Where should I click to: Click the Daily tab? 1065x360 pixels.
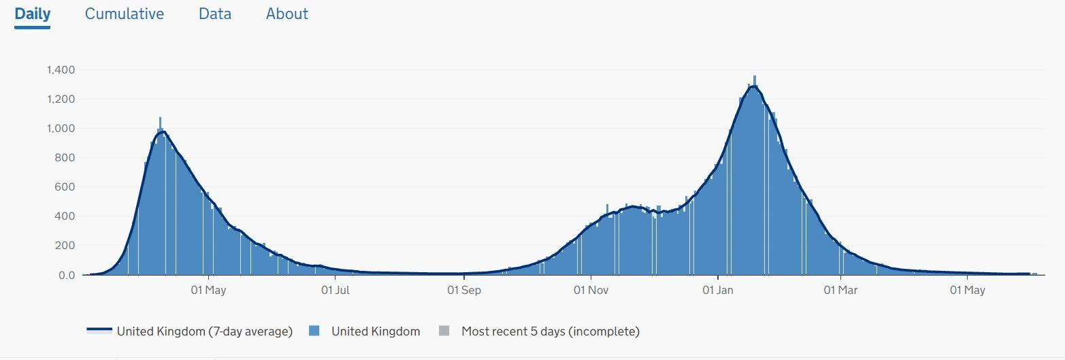[x=33, y=14]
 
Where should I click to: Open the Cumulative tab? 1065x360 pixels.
[x=125, y=14]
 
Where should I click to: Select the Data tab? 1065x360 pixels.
[x=215, y=14]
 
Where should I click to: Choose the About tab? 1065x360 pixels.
[x=286, y=14]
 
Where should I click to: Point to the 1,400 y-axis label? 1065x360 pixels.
[x=61, y=70]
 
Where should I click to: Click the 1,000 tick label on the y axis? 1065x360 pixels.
[x=61, y=129]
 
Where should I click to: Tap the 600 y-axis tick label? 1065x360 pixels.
[x=65, y=187]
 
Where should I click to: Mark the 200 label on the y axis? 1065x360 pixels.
[x=65, y=246]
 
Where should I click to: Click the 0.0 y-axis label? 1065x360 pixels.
[x=67, y=276]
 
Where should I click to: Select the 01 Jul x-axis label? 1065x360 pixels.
[x=335, y=290]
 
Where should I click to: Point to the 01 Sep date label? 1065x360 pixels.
[x=464, y=290]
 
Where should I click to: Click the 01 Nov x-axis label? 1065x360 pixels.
[x=591, y=290]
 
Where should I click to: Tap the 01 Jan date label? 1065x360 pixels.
[x=718, y=290]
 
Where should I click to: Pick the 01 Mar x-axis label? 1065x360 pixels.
[x=840, y=290]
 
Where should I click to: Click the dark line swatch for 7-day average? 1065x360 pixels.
[x=99, y=330]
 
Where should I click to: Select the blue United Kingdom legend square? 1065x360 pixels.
[x=314, y=331]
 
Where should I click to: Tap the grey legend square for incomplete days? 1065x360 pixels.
[x=444, y=331]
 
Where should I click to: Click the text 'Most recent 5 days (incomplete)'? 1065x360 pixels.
[x=551, y=331]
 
